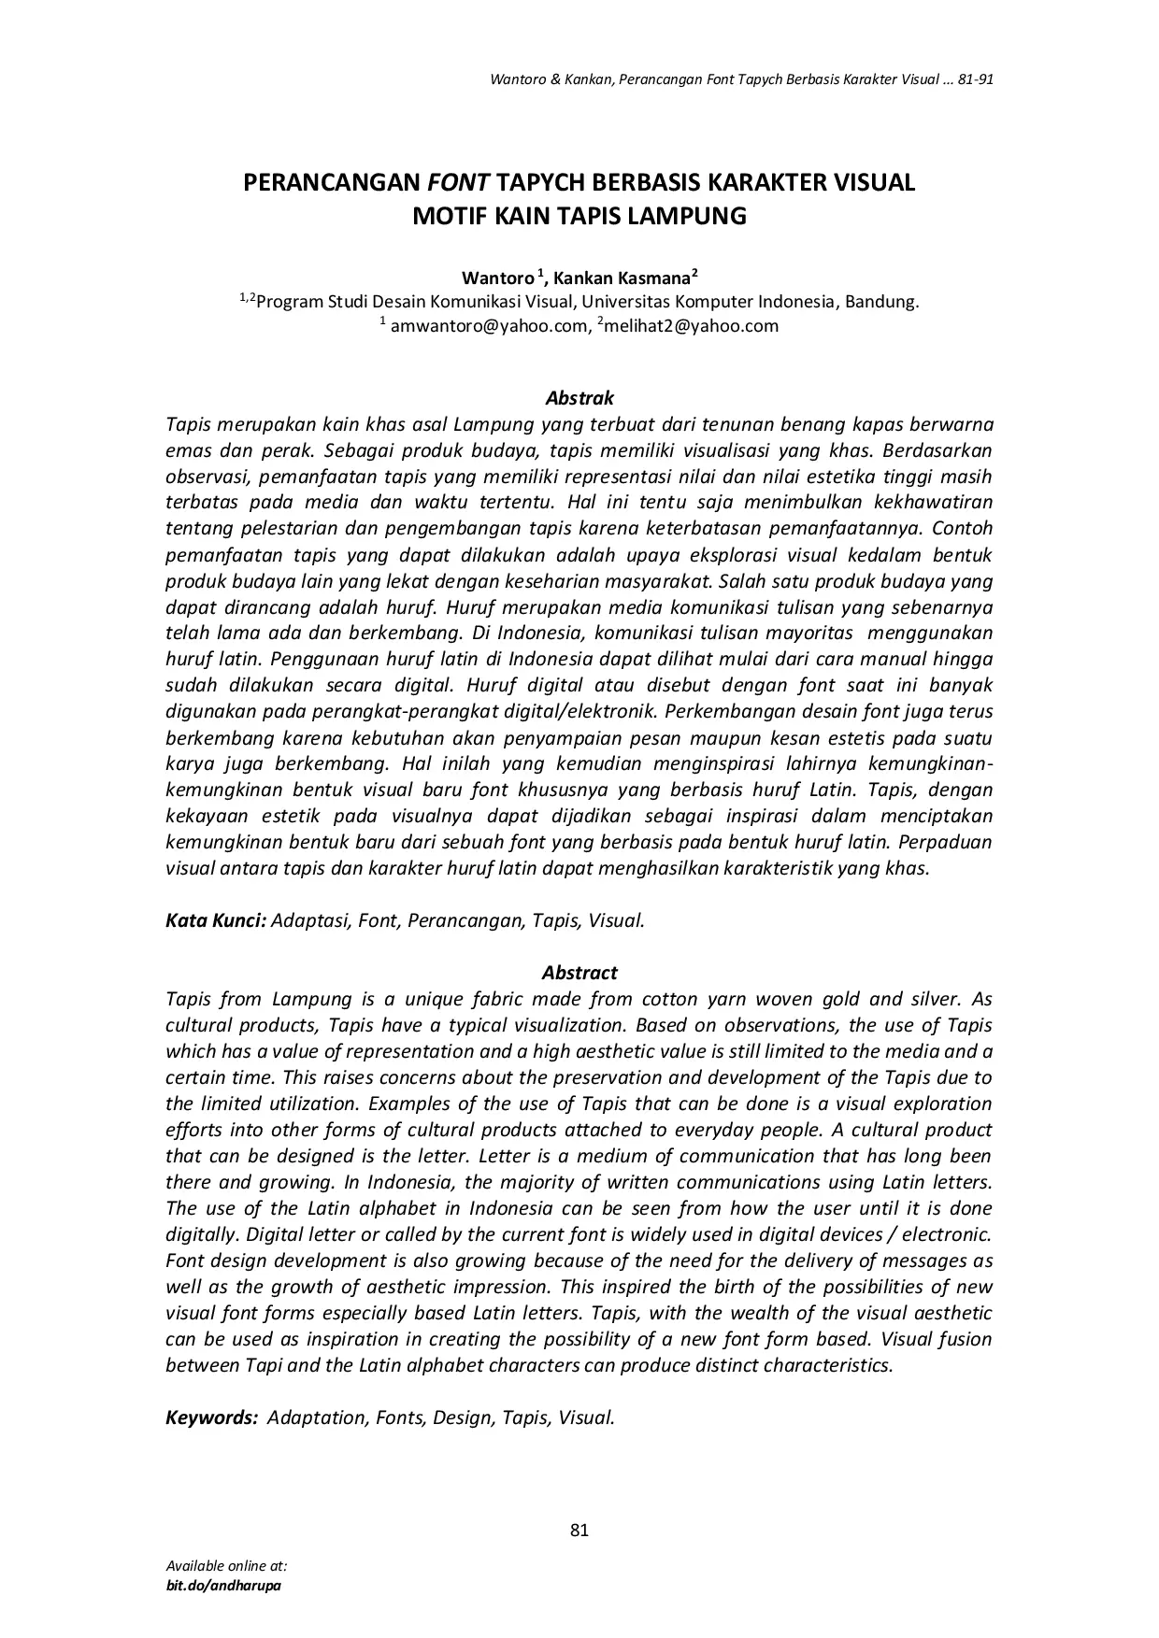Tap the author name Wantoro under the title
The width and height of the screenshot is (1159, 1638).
(x=498, y=278)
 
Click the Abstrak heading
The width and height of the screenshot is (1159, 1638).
(x=579, y=398)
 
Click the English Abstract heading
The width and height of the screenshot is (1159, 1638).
(x=579, y=973)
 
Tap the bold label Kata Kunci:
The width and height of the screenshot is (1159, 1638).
(x=216, y=920)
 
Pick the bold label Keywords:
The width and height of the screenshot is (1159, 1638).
(x=211, y=1417)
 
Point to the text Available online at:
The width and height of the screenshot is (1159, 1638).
(x=226, y=1565)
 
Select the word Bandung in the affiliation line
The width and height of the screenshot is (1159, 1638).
(x=884, y=302)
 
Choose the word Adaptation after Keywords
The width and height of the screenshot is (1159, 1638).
(x=318, y=1417)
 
